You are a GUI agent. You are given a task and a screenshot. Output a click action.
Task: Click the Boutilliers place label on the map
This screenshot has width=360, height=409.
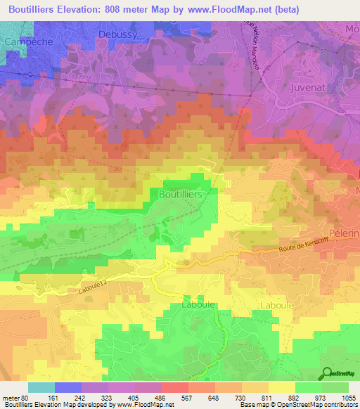pos(181,193)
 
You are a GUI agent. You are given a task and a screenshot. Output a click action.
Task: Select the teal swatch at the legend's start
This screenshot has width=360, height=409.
pos(41,387)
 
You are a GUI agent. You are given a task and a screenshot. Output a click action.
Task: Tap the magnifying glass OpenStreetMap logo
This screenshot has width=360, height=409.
pos(327,373)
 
